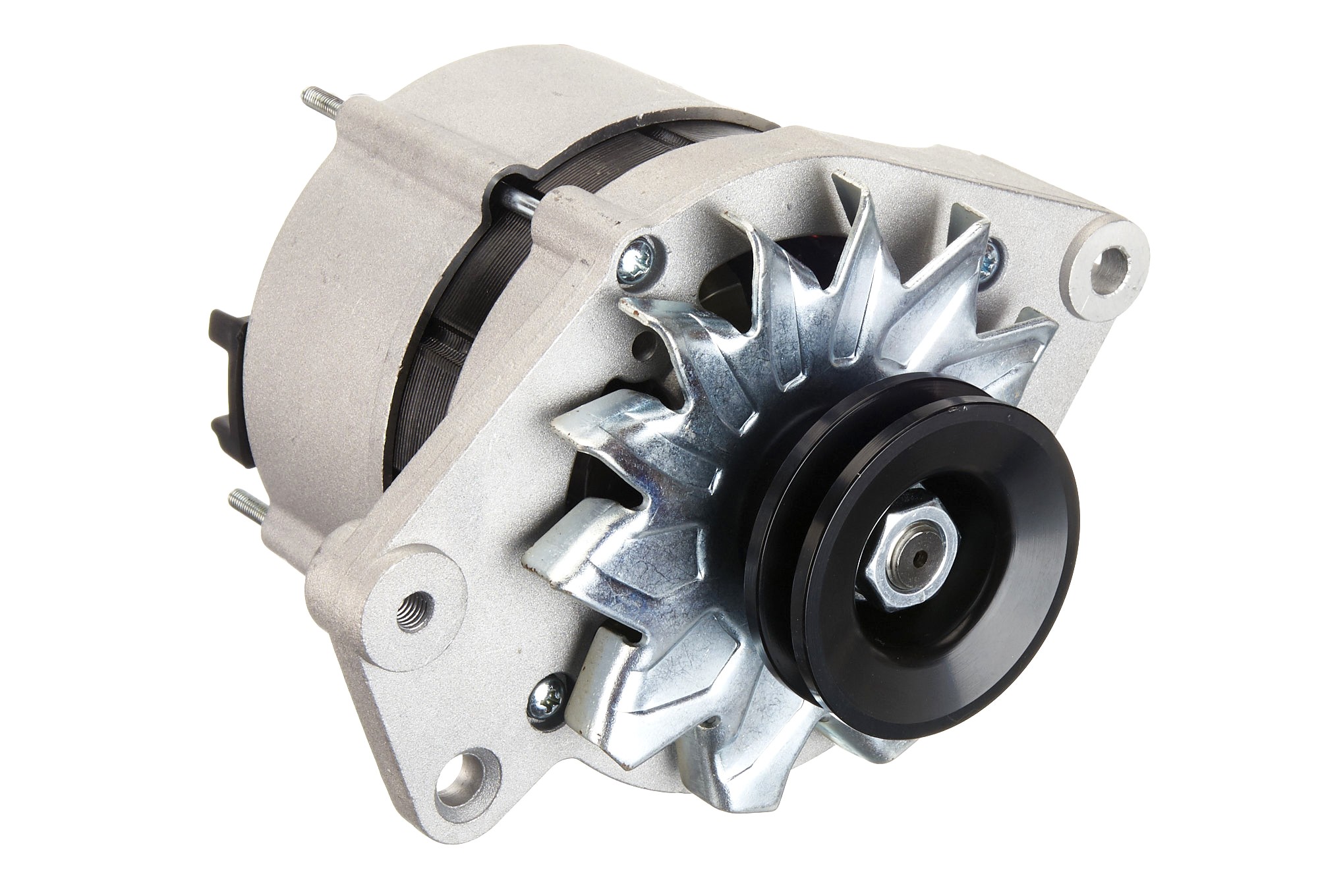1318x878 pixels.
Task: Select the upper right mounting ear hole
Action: click(1114, 261)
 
